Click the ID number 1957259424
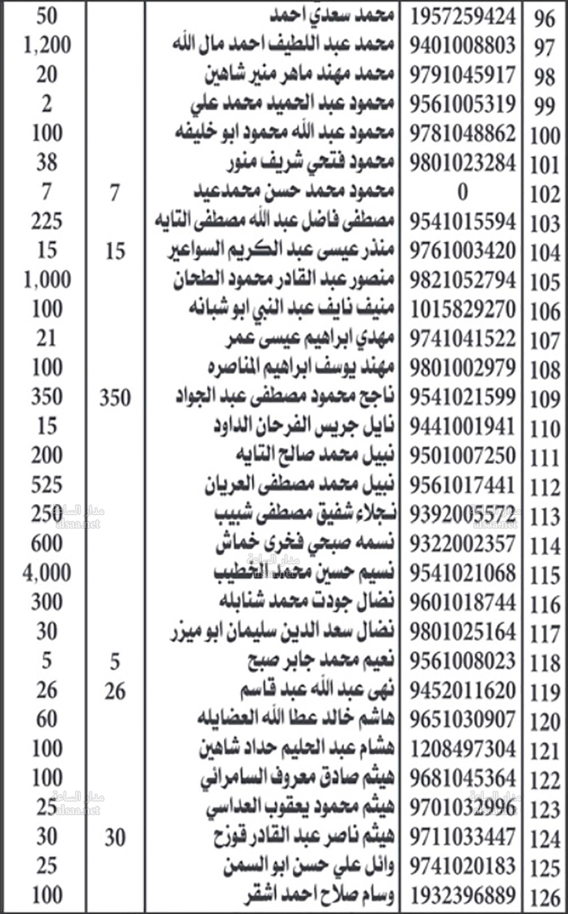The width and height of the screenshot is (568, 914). coord(463,16)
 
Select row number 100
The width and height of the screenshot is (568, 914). coord(545,136)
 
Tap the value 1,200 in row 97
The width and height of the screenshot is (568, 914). coord(47,45)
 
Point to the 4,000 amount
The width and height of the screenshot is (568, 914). coord(47,572)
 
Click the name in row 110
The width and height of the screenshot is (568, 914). coord(304,426)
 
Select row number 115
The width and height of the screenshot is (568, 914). coord(545,575)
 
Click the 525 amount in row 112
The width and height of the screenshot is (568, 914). coord(47,485)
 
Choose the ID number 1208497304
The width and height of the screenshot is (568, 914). coord(463,749)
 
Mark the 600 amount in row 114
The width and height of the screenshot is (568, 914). coord(47,544)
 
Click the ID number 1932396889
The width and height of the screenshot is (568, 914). coord(463,896)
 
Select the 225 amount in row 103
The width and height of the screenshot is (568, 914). coord(47,221)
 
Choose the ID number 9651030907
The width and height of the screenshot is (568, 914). coord(463,720)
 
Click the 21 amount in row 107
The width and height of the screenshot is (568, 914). coord(47,339)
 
